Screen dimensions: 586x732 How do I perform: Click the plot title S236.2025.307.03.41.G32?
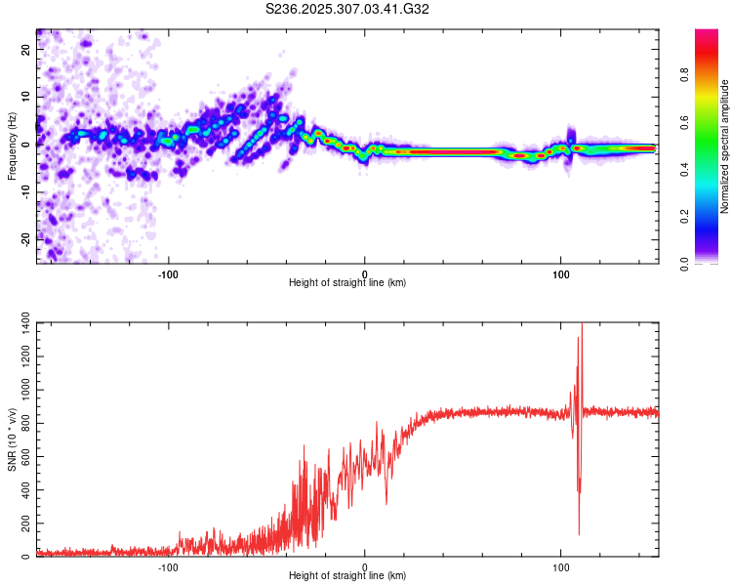click(x=348, y=10)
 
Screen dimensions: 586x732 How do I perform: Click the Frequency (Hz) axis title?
click(x=12, y=146)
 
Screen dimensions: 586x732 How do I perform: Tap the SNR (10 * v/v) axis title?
click(x=12, y=439)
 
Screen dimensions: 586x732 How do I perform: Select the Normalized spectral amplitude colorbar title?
click(x=725, y=146)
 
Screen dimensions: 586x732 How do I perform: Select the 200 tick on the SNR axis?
click(x=21, y=523)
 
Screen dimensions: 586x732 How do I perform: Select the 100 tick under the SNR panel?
click(x=561, y=566)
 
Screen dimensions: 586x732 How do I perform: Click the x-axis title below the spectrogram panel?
click(x=347, y=283)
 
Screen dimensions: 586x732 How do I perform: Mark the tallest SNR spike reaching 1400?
click(x=582, y=325)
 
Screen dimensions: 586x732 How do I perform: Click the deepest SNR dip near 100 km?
click(x=579, y=533)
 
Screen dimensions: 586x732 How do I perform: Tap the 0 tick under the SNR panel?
click(x=365, y=566)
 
